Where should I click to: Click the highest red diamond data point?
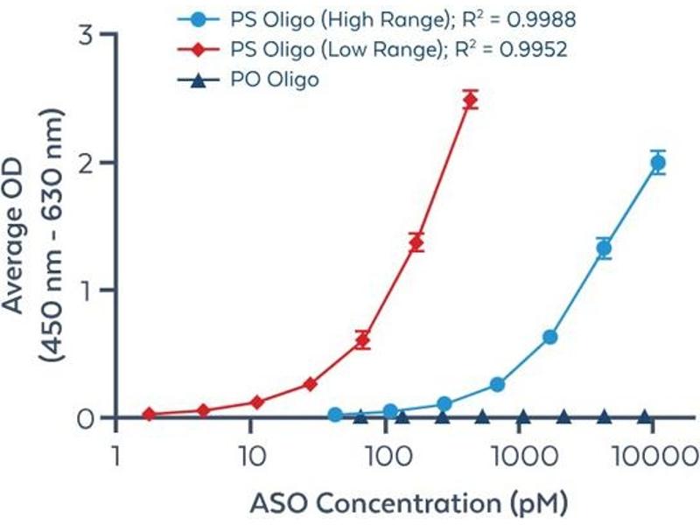click(x=471, y=99)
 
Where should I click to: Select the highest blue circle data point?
click(x=658, y=162)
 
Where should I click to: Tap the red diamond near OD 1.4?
click(x=416, y=242)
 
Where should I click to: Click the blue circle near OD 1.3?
click(x=604, y=248)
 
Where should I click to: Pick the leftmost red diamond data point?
click(x=149, y=414)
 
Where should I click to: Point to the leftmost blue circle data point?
click(x=334, y=415)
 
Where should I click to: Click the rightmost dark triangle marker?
click(x=645, y=416)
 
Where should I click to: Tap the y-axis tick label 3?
click(x=85, y=36)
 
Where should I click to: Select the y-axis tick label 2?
click(x=85, y=163)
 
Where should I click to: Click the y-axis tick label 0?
click(x=85, y=418)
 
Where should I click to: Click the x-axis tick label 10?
click(x=250, y=456)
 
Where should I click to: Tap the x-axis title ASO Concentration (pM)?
click(x=409, y=503)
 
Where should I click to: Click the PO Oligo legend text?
click(x=275, y=80)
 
